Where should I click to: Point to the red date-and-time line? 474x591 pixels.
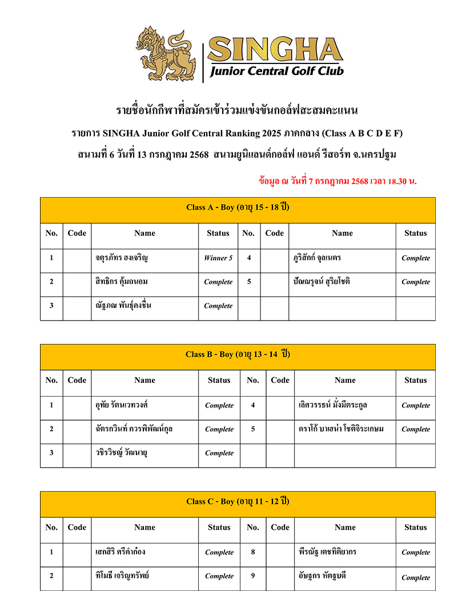[x=338, y=181]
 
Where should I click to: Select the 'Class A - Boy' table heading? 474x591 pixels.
[x=238, y=207]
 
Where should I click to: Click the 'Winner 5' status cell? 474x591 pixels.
[x=218, y=258]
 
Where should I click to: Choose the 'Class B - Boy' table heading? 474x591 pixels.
[x=238, y=354]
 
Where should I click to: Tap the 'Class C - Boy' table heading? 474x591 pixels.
[x=238, y=501]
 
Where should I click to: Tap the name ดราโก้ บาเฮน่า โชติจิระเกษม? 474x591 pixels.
[x=341, y=429]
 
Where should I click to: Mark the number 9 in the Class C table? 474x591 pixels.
[x=253, y=576]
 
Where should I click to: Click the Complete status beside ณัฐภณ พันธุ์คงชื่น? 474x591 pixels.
[x=218, y=306]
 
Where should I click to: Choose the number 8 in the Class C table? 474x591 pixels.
[x=253, y=552]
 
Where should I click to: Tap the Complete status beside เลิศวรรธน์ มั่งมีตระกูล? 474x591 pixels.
[x=415, y=405]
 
